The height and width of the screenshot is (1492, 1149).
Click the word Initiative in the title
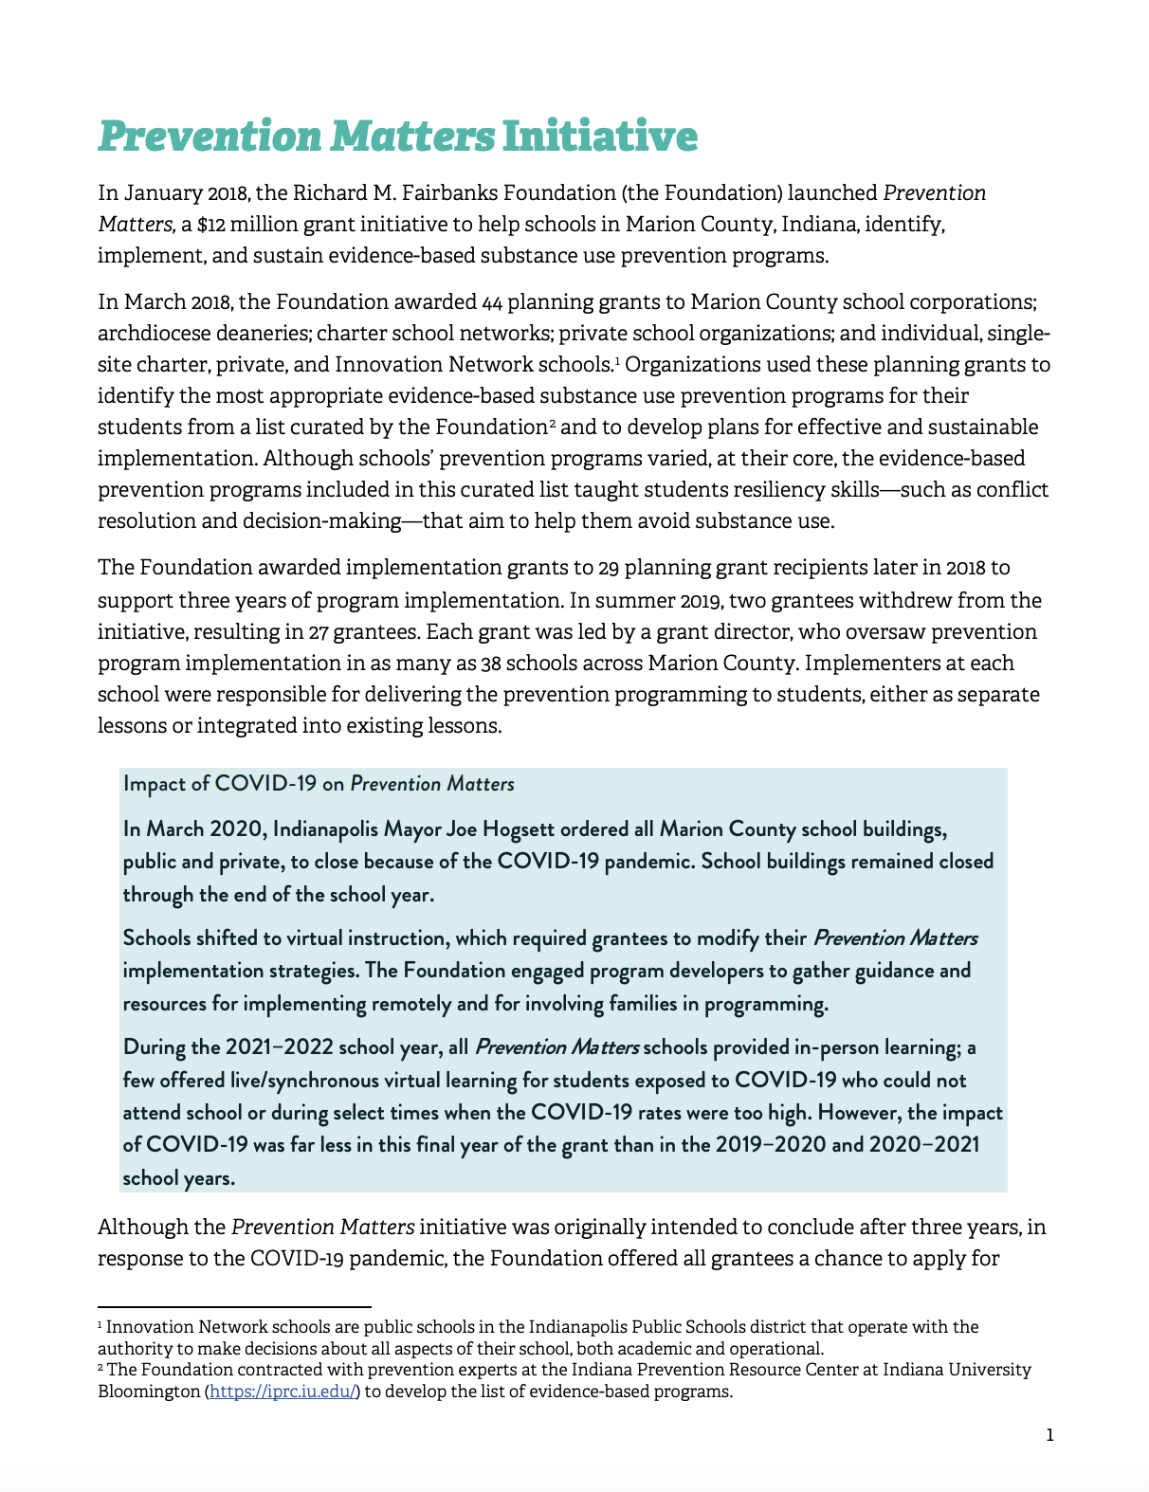click(x=599, y=136)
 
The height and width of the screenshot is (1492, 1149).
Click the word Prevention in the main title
click(x=210, y=136)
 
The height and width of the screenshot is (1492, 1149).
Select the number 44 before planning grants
click(x=491, y=302)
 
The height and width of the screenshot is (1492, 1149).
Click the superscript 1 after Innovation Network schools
click(x=616, y=360)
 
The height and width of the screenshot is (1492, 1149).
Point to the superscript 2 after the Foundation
click(x=553, y=423)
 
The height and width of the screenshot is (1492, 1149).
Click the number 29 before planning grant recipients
click(x=609, y=568)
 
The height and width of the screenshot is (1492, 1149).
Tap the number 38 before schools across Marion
click(x=491, y=664)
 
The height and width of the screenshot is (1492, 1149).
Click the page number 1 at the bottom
click(x=1049, y=1435)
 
